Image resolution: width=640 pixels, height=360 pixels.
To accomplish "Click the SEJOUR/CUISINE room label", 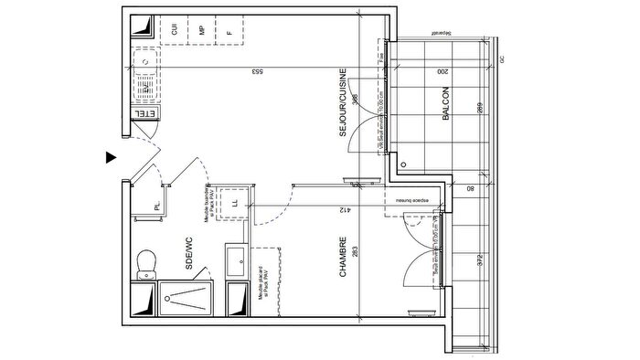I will (x=343, y=102).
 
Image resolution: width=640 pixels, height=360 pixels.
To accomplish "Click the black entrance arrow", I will (x=111, y=157).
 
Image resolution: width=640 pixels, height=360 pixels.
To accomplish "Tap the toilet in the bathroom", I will (x=144, y=263).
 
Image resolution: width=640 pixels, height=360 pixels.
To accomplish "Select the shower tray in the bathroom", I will (x=189, y=298).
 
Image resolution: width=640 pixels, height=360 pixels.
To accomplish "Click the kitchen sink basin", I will (x=144, y=63).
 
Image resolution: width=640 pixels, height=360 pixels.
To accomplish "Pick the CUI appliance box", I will (x=174, y=29).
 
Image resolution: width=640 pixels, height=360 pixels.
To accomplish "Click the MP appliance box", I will (x=201, y=29).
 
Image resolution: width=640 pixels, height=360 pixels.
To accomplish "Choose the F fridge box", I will (x=230, y=29).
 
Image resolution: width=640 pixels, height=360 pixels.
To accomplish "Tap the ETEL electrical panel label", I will (x=144, y=114).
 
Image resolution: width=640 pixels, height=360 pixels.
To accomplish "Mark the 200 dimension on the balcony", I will (x=442, y=71).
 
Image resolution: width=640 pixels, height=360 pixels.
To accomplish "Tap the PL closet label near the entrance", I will (x=157, y=206).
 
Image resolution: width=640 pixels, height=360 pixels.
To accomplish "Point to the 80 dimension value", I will (x=469, y=190).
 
